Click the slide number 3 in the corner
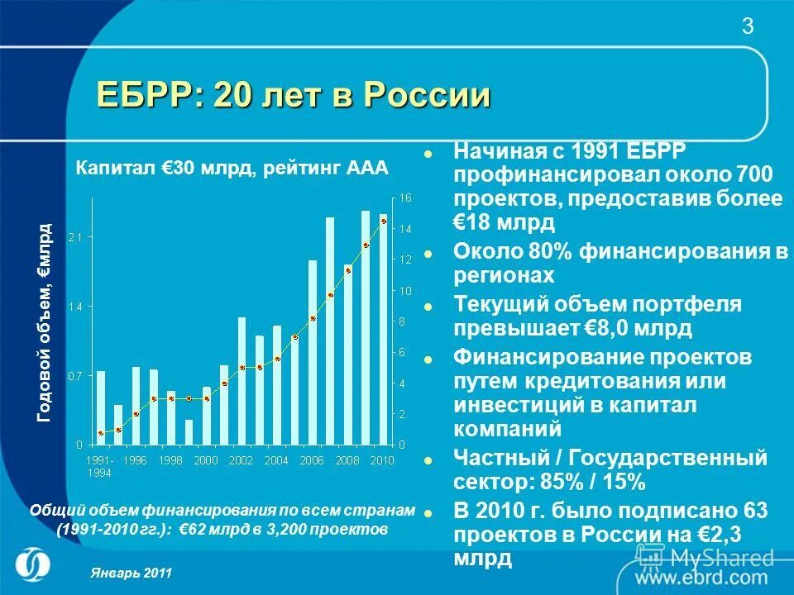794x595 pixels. coord(748,26)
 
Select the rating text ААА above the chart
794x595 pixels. coord(368,169)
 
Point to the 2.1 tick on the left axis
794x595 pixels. coord(75,237)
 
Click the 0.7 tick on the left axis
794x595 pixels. coord(75,375)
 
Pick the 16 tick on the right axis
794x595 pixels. coord(404,198)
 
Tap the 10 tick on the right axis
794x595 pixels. coord(404,291)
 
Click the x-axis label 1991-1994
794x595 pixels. coord(101,465)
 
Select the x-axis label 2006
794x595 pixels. coord(313,459)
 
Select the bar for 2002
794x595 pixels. coord(242,380)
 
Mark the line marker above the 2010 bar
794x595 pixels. coord(384,221)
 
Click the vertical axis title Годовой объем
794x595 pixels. coord(45,322)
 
